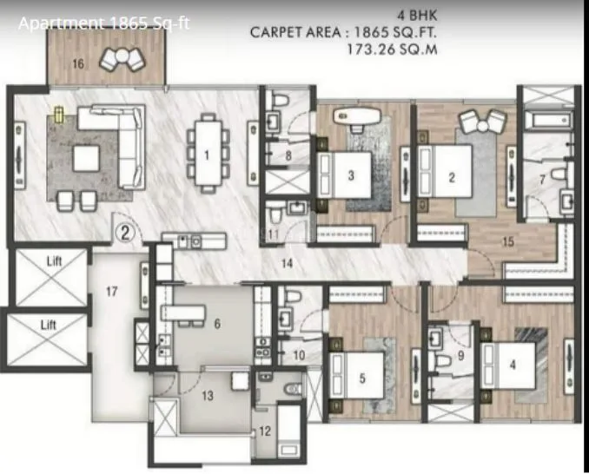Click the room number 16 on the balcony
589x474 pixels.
pos(78,63)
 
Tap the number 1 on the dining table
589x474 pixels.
pos(207,156)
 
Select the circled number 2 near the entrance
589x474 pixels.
pos(125,232)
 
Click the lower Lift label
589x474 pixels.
pos(48,324)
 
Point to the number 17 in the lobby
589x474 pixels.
pos(111,292)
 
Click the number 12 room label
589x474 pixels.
pos(265,431)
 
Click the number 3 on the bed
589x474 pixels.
pos(351,175)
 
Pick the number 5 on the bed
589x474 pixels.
pos(361,378)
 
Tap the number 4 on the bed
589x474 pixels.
pos(513,365)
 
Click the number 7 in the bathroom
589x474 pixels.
pos(541,180)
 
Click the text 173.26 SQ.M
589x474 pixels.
pos(391,50)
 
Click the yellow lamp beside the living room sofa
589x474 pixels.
pos(60,114)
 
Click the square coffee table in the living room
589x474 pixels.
pos(85,157)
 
